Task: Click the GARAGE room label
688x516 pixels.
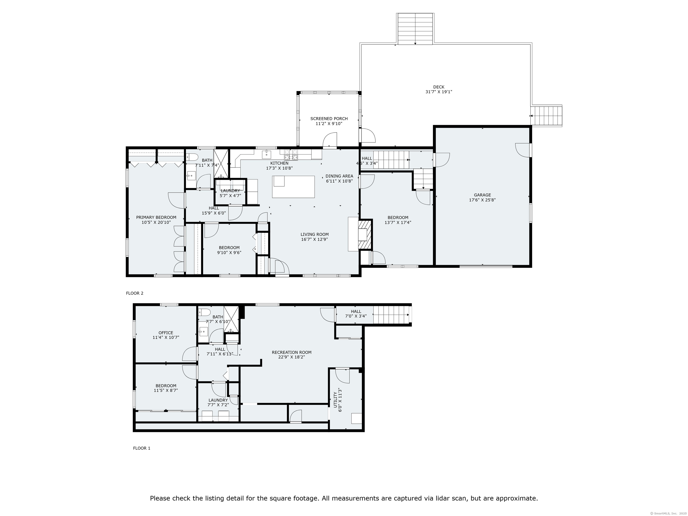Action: (482, 195)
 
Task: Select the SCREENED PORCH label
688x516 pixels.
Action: (329, 118)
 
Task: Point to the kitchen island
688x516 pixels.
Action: (293, 187)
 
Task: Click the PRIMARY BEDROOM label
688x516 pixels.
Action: (156, 217)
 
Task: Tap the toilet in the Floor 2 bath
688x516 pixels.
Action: (191, 157)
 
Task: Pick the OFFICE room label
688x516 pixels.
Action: (166, 333)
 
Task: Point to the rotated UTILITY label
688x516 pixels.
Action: (335, 400)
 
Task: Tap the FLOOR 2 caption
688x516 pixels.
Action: (135, 293)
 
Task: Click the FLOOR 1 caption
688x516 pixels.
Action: (142, 448)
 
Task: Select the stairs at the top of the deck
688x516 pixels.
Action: (415, 29)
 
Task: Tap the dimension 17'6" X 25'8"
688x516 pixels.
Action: (482, 200)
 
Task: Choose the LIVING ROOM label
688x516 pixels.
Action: (314, 234)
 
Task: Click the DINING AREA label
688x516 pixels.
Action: (339, 176)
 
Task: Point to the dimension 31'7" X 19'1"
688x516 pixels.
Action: (439, 92)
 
